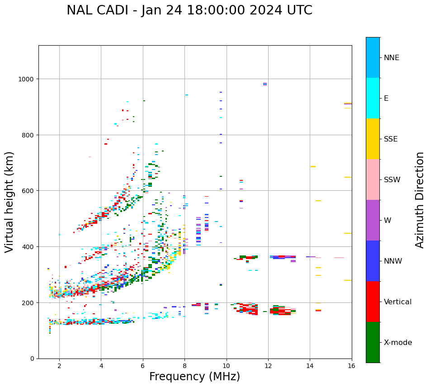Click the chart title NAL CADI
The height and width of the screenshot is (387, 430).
click(x=189, y=10)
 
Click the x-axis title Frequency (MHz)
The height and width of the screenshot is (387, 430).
click(x=194, y=377)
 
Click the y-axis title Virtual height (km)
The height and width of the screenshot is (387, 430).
click(x=10, y=202)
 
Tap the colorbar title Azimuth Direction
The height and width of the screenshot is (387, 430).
click(x=420, y=200)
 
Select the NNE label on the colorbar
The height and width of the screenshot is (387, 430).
click(x=392, y=58)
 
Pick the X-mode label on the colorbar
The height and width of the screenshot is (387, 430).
click(x=398, y=343)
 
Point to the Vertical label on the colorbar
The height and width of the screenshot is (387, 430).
click(x=398, y=302)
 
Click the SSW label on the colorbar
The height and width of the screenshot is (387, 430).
click(x=392, y=180)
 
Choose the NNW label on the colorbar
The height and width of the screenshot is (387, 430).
click(x=393, y=261)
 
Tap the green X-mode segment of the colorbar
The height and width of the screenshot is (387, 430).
click(x=373, y=342)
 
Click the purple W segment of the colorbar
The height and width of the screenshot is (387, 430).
click(x=373, y=220)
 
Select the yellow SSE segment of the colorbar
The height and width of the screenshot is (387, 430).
click(x=373, y=139)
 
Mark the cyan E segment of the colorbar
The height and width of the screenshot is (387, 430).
click(x=373, y=98)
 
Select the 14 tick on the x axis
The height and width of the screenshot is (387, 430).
click(x=310, y=366)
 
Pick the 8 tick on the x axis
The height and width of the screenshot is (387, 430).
click(x=184, y=366)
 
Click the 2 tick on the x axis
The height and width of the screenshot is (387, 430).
click(x=59, y=366)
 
